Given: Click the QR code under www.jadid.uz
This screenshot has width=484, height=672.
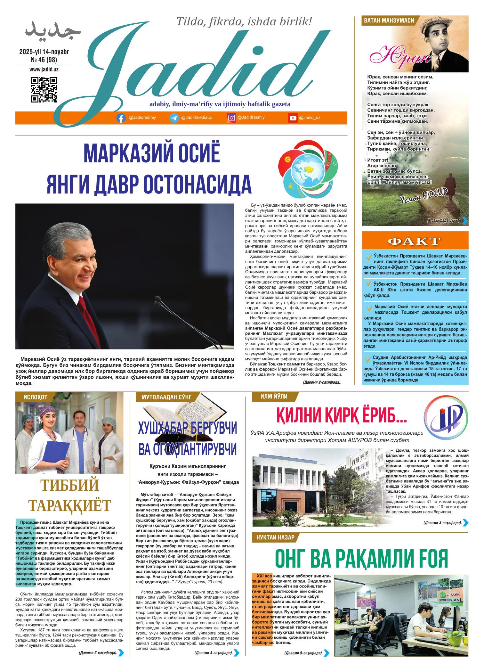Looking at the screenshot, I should [44, 90].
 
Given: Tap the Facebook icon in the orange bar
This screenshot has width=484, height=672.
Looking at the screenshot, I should [121, 118].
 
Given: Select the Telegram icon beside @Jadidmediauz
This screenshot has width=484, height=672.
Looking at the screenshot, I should [174, 118].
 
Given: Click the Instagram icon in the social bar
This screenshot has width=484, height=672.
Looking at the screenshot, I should [231, 118].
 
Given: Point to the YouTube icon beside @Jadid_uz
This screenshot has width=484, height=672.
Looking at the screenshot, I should [293, 118].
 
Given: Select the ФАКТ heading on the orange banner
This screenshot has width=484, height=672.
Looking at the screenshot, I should [415, 241].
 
